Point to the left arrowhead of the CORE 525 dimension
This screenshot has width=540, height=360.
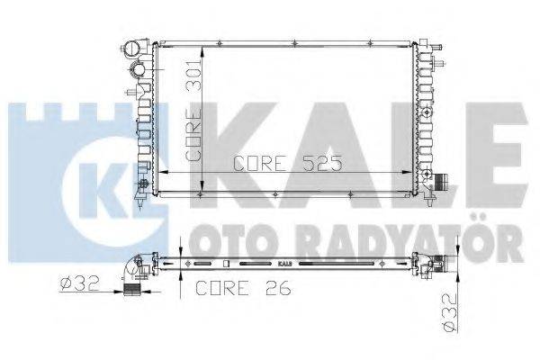pyautogui.click(x=162, y=172)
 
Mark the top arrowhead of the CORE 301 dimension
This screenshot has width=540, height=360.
pyautogui.click(x=202, y=45)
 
